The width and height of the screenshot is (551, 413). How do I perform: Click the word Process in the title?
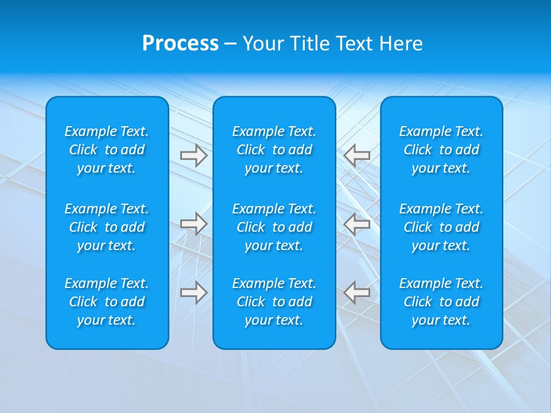point(180,44)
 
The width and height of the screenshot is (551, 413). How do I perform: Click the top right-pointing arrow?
point(193,155)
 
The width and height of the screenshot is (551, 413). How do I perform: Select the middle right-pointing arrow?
point(193,224)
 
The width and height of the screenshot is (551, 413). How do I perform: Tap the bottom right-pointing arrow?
point(193,292)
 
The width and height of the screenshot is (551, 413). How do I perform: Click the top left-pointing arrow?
point(357,155)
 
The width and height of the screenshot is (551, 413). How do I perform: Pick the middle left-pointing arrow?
point(357,224)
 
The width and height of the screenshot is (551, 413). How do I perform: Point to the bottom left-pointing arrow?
point(357,292)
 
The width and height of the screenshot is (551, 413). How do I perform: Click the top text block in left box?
point(107,150)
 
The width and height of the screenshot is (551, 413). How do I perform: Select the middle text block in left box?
point(107,227)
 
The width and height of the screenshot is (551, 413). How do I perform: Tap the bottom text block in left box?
point(107,302)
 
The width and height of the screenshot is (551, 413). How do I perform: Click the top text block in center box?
point(274,150)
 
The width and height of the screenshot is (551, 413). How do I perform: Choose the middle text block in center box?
point(274,227)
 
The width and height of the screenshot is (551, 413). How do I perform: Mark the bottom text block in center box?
point(274,302)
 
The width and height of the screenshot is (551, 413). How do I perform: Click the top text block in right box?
point(441,150)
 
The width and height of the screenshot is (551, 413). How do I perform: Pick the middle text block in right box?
point(441,227)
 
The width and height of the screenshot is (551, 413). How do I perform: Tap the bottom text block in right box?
point(441,302)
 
